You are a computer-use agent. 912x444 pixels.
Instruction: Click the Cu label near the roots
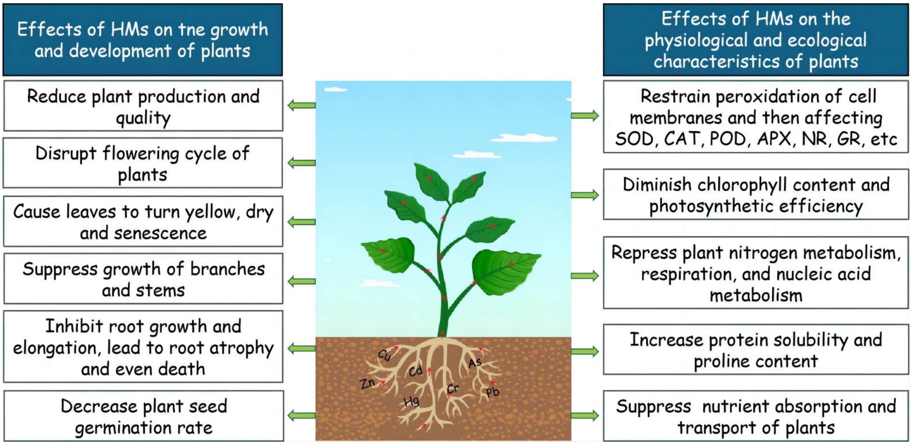tap(384, 355)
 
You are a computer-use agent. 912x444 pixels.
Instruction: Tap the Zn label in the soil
tap(367, 383)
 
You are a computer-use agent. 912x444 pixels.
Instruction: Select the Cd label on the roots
tap(416, 371)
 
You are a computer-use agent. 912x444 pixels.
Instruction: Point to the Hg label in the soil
tap(411, 402)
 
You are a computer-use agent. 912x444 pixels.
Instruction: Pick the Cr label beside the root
tap(453, 389)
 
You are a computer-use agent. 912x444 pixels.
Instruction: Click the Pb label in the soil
tap(492, 392)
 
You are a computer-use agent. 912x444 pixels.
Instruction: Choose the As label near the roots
tap(475, 362)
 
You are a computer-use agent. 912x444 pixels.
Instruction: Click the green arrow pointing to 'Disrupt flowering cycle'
tap(302, 163)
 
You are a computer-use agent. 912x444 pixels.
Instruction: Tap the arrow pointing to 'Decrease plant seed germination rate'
tap(302, 415)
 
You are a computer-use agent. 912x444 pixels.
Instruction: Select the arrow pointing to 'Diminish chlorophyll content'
tap(585, 195)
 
